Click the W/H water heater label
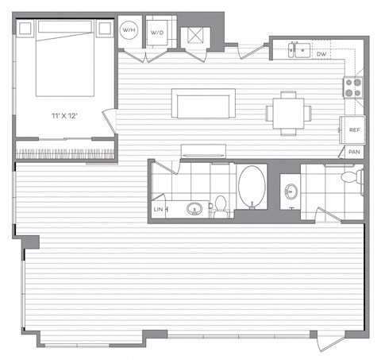[129, 30]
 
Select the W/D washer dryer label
[159, 33]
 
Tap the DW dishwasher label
[321, 53]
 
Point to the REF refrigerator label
[352, 130]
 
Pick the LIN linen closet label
[158, 209]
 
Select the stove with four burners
[353, 85]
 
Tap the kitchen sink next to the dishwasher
[298, 50]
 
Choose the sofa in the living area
[204, 104]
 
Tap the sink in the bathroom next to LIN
[193, 209]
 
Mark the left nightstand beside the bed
[25, 29]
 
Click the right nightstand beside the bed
[105, 29]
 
